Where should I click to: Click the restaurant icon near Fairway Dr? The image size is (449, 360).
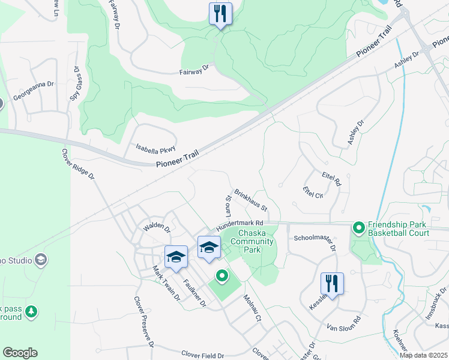coord(220,13)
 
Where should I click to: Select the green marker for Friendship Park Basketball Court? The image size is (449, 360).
coord(359,227)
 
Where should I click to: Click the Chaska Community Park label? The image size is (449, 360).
coord(256,241)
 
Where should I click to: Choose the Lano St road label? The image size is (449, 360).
coord(228,206)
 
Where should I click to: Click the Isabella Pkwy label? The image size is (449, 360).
coord(155,149)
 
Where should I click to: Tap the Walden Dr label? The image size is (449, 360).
coord(156,229)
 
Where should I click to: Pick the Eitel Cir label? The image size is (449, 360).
coord(313,192)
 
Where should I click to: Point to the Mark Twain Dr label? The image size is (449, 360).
coord(166,283)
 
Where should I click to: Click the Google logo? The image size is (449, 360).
coord(20,353)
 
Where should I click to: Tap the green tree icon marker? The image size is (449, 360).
coord(32,311)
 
